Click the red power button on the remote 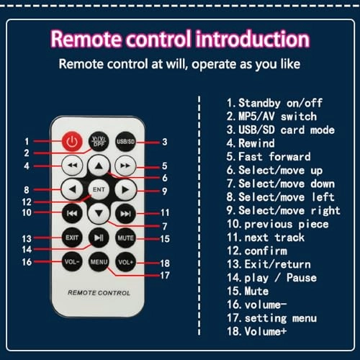pos(72,142)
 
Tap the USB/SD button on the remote pos(125,142)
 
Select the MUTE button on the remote pos(125,238)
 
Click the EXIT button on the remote pos(72,238)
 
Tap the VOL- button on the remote pos(72,262)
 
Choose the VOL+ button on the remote pos(125,262)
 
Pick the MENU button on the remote pos(99,262)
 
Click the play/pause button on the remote pos(99,238)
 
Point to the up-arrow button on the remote pos(99,166)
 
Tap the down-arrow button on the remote pos(99,213)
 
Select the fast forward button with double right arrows pos(125,166)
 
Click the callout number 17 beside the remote pos(165,275)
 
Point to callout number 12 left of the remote pos(27,202)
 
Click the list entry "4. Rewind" pos(251,143)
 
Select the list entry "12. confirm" pos(257,251)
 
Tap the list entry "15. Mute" pos(248,291)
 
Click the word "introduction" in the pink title pos(253,38)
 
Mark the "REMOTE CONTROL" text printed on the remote pos(99,293)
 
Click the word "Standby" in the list pos(259,103)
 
